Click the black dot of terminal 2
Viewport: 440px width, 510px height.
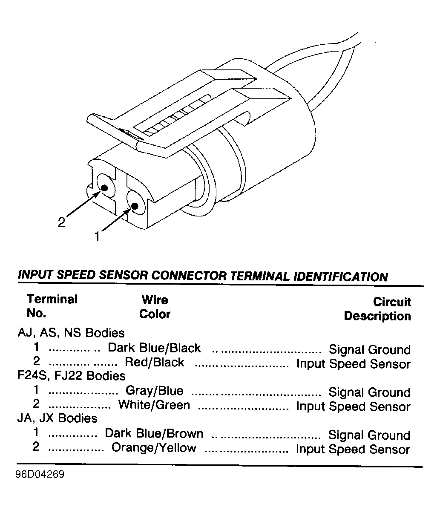coord(105,188)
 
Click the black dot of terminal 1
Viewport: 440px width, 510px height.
coord(135,206)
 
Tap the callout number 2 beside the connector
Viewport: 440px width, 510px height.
coord(61,222)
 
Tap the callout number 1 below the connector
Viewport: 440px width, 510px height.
coord(97,236)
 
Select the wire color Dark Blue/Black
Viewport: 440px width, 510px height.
coord(154,348)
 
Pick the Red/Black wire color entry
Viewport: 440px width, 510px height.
coord(155,362)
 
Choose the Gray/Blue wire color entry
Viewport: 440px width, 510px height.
coord(155,390)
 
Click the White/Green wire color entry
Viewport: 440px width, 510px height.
coord(154,405)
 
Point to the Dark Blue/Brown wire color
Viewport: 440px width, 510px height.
coord(154,433)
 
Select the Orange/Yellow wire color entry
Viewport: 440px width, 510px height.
coord(154,447)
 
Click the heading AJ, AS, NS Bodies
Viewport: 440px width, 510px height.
coord(71,333)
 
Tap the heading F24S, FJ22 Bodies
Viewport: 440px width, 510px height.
coord(72,376)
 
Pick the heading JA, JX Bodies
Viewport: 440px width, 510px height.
coord(57,418)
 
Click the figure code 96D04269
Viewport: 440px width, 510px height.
coord(40,475)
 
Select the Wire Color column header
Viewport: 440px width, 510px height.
coord(155,307)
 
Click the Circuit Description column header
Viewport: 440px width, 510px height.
coord(377,309)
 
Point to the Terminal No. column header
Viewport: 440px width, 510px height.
coord(52,306)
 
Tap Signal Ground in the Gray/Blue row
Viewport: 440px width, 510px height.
coord(369,392)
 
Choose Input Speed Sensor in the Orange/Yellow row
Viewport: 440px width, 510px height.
coord(353,449)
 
